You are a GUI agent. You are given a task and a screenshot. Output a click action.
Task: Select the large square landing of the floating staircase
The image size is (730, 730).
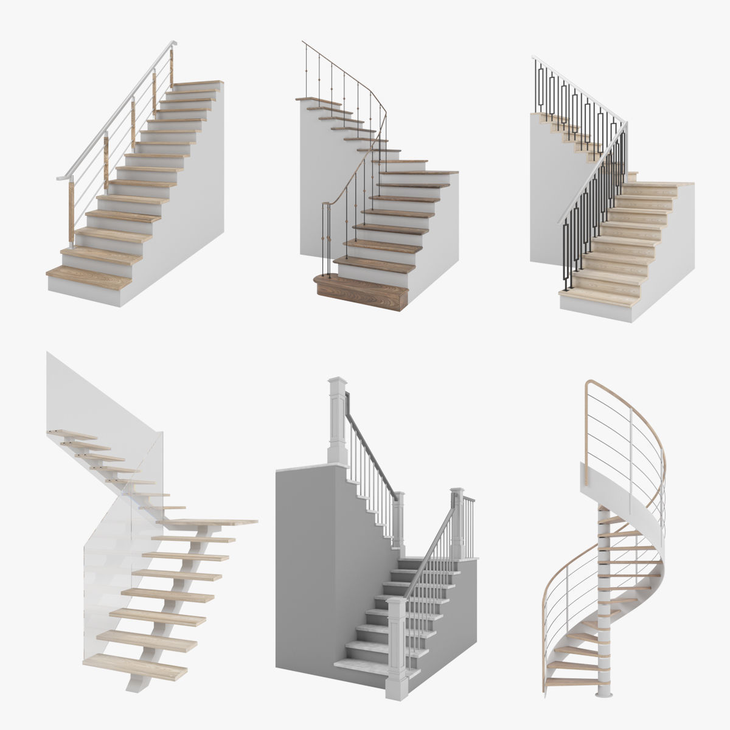pyautogui.click(x=207, y=521)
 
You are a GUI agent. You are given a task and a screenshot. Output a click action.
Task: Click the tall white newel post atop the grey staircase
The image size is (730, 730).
pyautogui.click(x=337, y=420)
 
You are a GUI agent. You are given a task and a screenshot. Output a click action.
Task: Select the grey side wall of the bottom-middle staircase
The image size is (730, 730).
pyautogui.click(x=304, y=578)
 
